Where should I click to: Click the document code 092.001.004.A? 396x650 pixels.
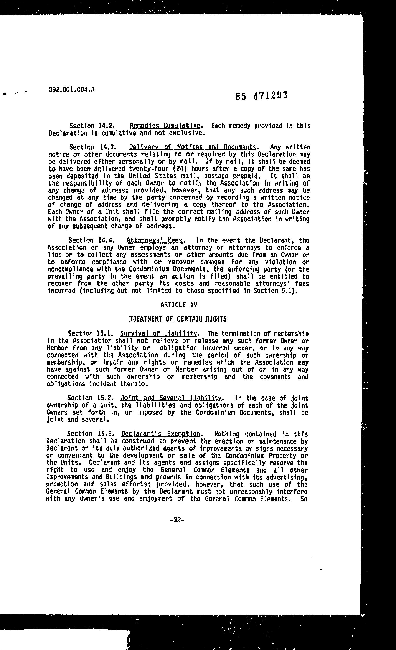(x=71, y=90)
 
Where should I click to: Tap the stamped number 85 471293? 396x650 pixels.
(x=261, y=96)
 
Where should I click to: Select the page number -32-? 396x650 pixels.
(x=177, y=520)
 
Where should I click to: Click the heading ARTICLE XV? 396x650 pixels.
(x=179, y=305)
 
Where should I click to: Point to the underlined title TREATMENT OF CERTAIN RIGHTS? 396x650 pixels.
(x=178, y=319)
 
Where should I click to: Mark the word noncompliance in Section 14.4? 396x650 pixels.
(x=70, y=269)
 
